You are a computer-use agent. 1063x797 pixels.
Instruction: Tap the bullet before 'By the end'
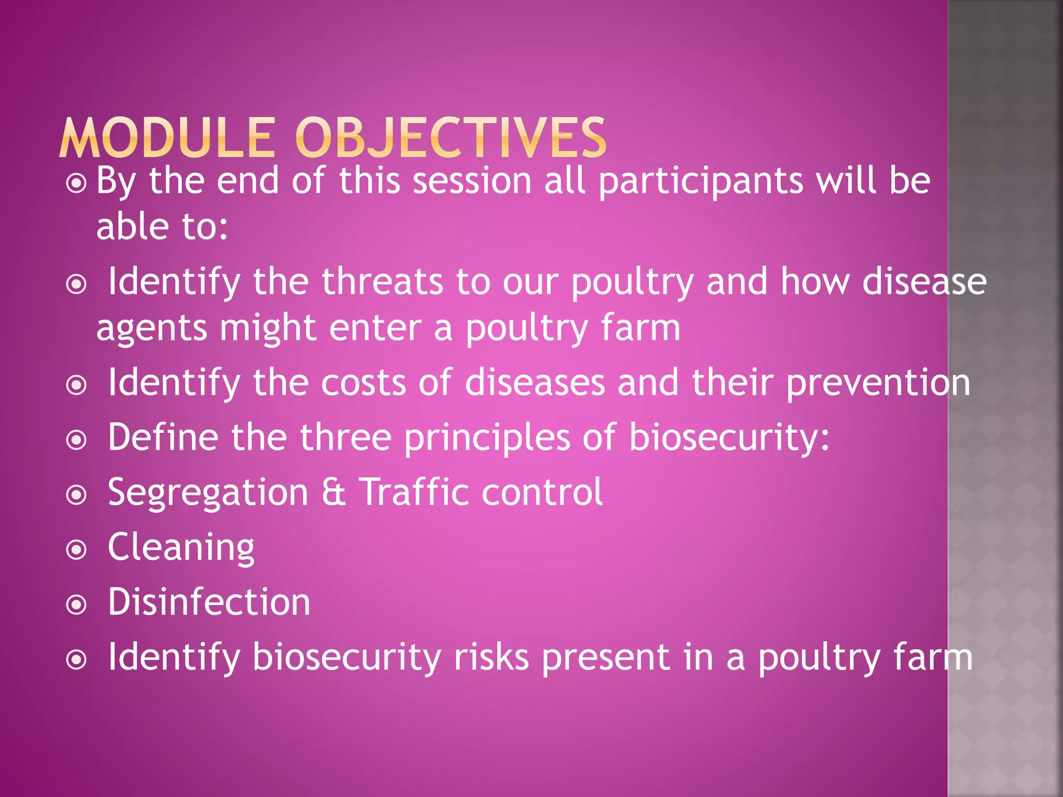point(76,183)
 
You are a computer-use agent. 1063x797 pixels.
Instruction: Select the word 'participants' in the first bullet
point(700,182)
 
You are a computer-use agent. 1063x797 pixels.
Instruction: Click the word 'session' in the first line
point(472,182)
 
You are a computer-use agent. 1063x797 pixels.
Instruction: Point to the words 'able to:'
point(162,227)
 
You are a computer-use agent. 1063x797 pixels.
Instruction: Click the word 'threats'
point(383,282)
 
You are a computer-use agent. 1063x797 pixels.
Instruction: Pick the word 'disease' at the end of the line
point(924,282)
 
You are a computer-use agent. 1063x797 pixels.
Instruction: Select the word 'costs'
point(363,383)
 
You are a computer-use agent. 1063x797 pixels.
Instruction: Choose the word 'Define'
point(163,437)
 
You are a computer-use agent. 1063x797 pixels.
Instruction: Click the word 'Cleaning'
point(181,548)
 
